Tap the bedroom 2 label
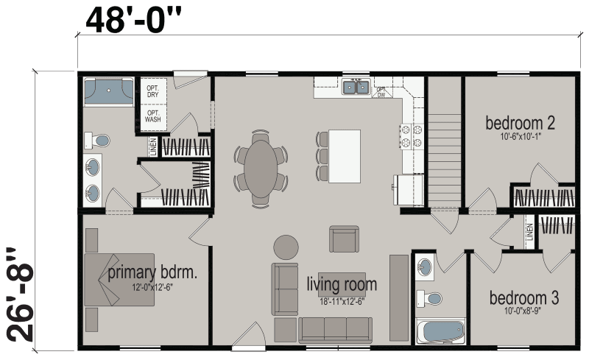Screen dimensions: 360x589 519,122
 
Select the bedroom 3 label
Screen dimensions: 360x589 524,298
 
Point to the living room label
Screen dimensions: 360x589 342,284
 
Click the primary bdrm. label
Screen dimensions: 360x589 152,274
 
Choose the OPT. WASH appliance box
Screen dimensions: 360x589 152,116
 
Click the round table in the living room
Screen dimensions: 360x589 286,246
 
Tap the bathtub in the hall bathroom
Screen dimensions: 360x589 440,330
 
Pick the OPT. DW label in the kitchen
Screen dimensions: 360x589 381,92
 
